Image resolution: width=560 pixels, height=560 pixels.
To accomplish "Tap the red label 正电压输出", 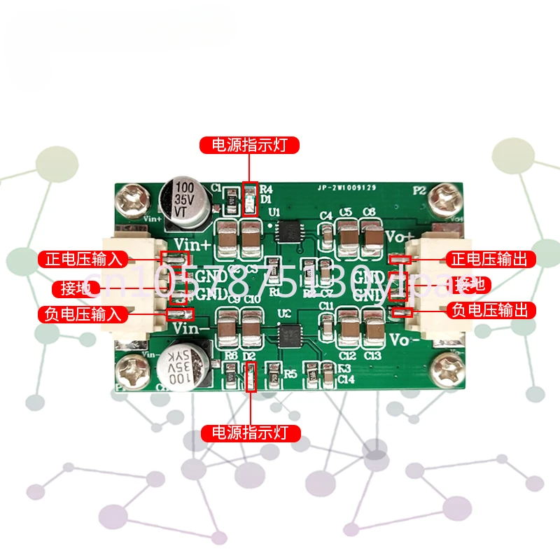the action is tap(490, 259).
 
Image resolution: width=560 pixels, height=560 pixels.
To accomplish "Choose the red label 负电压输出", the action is tap(490, 309).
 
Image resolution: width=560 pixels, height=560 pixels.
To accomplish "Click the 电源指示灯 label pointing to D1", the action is tap(249, 146).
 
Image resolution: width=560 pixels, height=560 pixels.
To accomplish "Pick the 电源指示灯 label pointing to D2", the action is tap(251, 433).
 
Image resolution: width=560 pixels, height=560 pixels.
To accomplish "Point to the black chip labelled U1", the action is tap(288, 230).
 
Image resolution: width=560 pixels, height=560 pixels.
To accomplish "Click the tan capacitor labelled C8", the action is tap(368, 234).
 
